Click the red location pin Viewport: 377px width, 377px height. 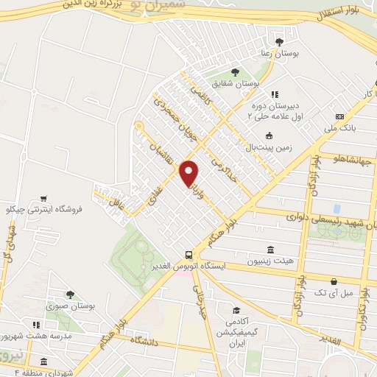click(x=189, y=172)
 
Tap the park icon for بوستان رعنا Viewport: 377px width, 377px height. click(x=278, y=40)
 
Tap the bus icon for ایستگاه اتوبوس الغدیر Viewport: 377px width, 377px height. click(x=189, y=252)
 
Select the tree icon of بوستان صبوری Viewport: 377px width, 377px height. click(x=70, y=295)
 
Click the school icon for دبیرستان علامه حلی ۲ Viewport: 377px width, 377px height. click(x=275, y=95)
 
